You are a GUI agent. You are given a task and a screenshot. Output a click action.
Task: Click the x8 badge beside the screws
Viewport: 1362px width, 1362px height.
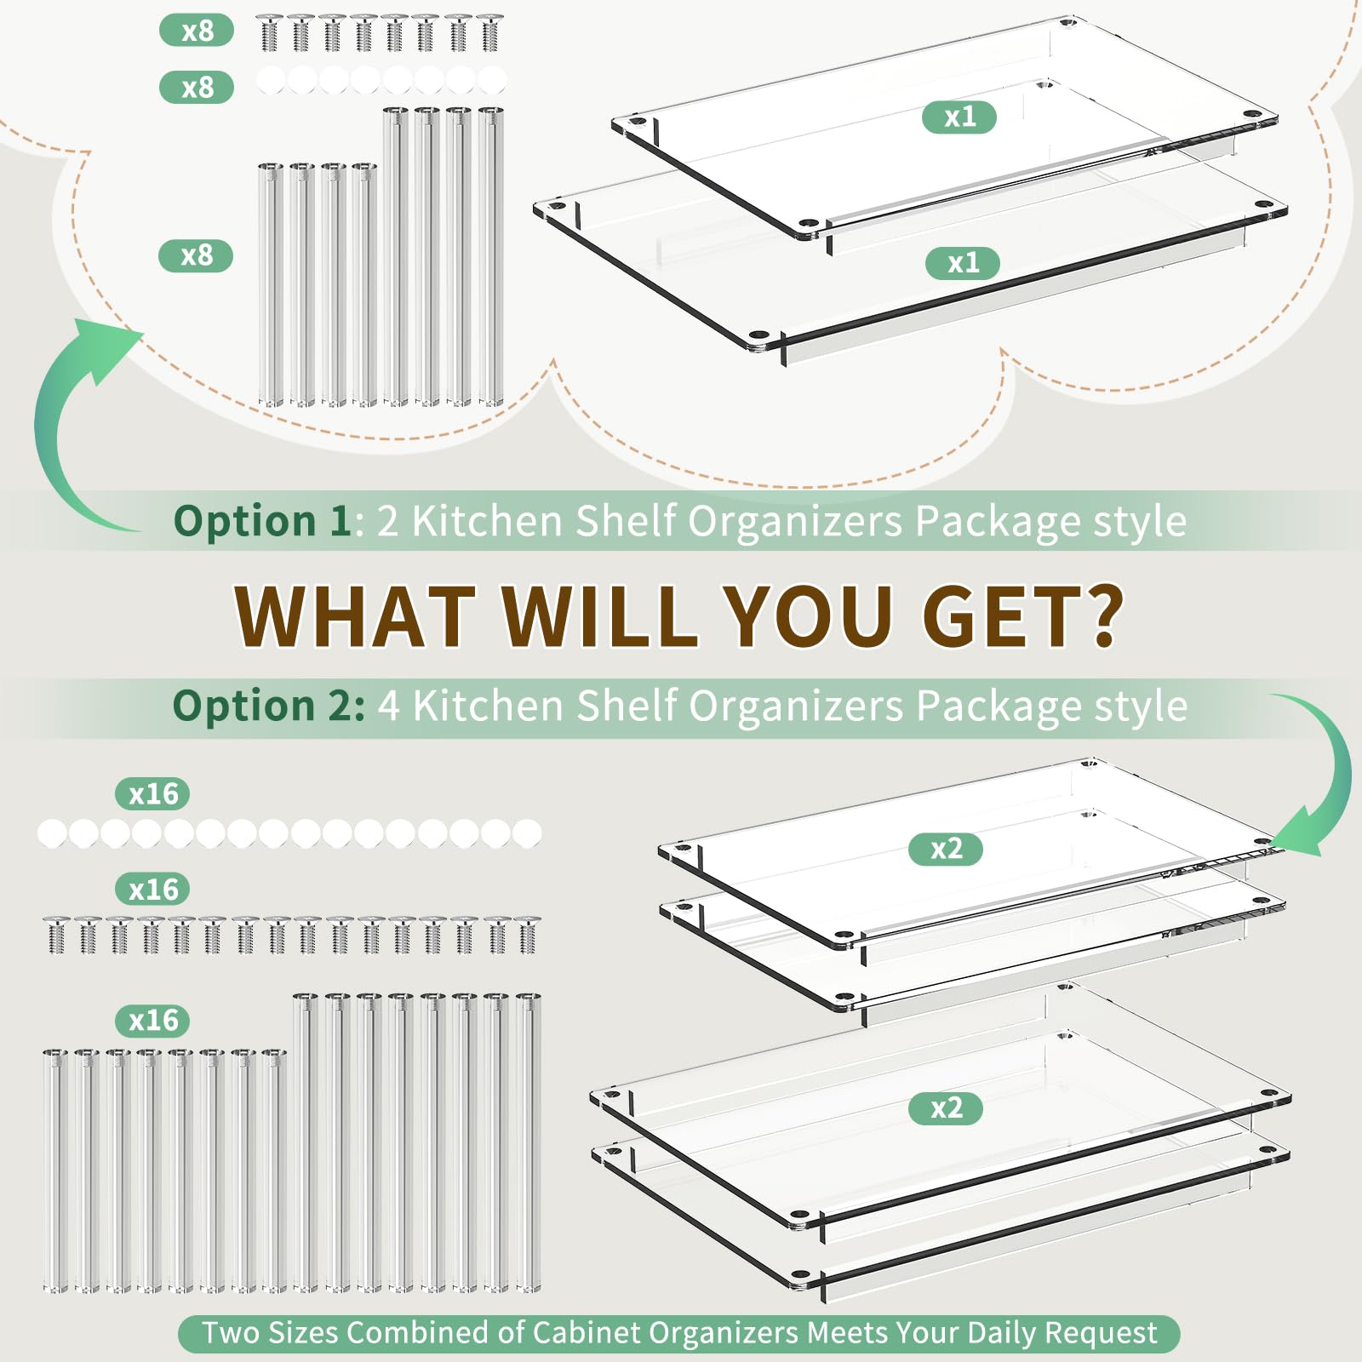point(197,31)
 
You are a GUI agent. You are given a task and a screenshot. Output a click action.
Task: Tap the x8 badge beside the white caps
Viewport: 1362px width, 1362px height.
point(197,87)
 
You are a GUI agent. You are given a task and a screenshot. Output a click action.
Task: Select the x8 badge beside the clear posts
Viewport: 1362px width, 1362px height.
point(196,255)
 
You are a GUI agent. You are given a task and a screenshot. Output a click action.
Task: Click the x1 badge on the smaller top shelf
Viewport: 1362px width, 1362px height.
point(959,117)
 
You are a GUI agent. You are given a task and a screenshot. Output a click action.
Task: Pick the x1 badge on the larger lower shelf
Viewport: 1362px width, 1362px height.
point(963,263)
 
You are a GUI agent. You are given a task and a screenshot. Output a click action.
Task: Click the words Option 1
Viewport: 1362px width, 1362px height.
point(262,521)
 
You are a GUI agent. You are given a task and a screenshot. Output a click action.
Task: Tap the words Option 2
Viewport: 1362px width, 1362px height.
point(269,706)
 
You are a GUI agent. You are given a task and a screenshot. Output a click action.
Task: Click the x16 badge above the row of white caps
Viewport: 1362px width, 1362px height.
point(152,793)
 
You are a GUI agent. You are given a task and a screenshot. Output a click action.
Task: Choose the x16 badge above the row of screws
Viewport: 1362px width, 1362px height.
point(152,889)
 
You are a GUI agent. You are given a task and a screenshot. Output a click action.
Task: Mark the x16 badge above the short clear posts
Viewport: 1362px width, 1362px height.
point(152,1020)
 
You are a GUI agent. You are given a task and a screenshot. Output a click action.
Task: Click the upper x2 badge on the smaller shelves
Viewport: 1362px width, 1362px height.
point(946,849)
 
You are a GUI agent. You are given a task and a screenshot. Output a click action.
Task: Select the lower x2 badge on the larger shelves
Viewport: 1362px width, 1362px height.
point(946,1108)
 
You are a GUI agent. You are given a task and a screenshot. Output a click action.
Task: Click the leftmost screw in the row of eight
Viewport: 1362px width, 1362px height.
point(269,33)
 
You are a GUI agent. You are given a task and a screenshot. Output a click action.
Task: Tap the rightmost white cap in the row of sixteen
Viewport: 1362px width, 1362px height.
point(527,833)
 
